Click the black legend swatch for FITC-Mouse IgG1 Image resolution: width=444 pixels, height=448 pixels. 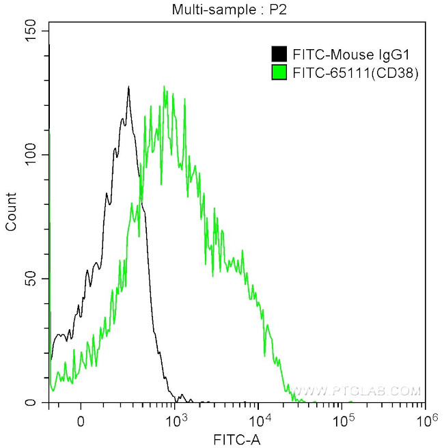279,54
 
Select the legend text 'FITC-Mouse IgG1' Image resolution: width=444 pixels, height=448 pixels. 334,54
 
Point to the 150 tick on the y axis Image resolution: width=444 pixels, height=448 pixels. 29,31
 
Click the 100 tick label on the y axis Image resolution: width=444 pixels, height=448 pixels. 29,155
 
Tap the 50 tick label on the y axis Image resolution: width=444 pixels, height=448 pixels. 32,279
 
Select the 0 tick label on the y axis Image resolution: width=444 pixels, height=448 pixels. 36,402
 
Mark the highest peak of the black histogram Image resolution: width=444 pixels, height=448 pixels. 128,87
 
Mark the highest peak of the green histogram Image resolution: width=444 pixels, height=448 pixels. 164,87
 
